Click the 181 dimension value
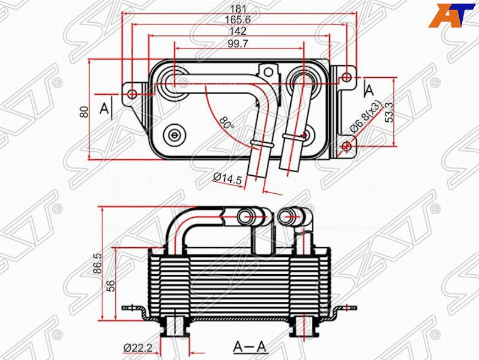click(238, 8)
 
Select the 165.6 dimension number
click(237, 20)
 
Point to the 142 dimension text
click(237, 31)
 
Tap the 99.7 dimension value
click(238, 44)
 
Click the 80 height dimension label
click(84, 112)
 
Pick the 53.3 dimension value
click(389, 112)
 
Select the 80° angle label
click(227, 122)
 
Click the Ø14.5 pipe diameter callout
click(228, 179)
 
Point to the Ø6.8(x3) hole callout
click(366, 117)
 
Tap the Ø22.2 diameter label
click(138, 348)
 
